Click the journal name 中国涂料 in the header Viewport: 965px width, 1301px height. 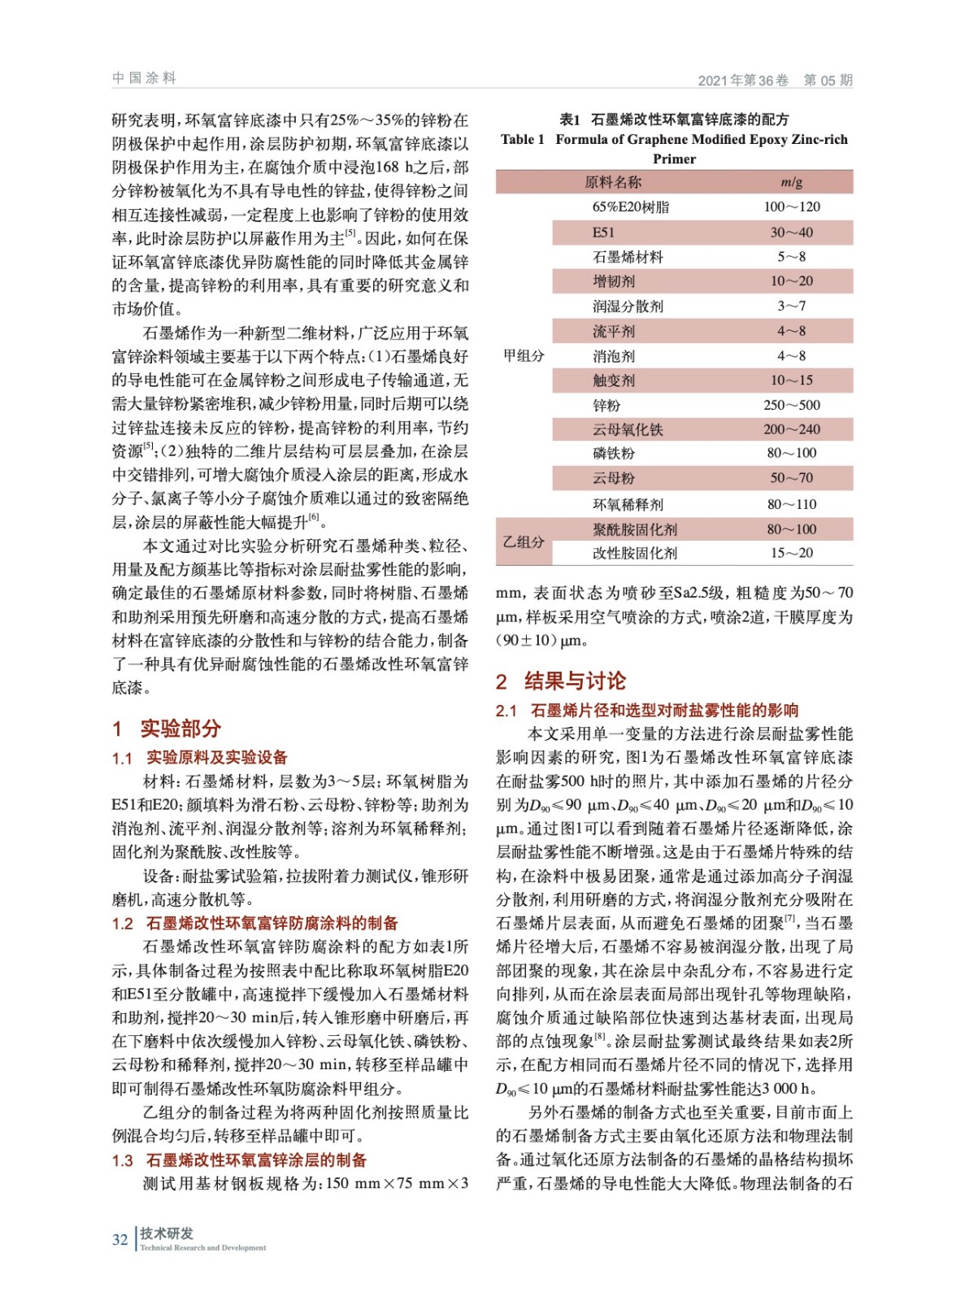tap(144, 78)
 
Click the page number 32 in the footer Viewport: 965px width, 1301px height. tap(120, 1239)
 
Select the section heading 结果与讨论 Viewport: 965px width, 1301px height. tap(575, 681)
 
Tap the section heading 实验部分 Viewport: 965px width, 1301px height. tap(180, 728)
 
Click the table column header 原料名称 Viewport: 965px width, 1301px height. tap(612, 182)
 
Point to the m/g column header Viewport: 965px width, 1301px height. tap(791, 182)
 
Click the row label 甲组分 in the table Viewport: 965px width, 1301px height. tap(524, 355)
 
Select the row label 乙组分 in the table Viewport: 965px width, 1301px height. tap(524, 542)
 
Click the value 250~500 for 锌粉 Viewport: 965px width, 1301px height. tap(791, 405)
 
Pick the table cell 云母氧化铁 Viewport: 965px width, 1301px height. tap(627, 429)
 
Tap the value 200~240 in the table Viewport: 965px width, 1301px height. tap(791, 429)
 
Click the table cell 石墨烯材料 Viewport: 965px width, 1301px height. tap(627, 257)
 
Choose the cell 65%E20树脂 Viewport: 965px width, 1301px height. tap(630, 207)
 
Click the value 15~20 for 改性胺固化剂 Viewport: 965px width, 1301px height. tap(791, 553)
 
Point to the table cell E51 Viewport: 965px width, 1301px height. tap(603, 233)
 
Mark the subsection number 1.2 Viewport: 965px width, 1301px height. tap(123, 924)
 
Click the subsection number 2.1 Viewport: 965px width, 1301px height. tap(506, 711)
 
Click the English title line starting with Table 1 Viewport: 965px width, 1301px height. tap(674, 140)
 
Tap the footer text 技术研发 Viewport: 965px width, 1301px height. tap(167, 1234)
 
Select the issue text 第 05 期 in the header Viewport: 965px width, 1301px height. tap(828, 80)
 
